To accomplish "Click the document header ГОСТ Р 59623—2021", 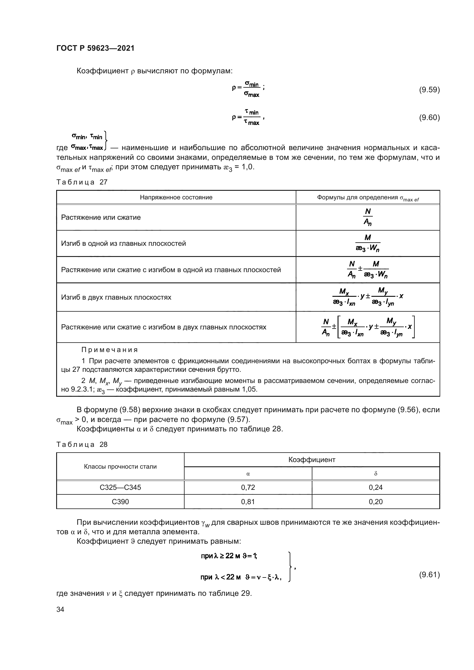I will tap(95, 48).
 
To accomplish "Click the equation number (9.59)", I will tap(429, 90).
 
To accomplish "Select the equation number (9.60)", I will tap(429, 118).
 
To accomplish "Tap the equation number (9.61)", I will tap(429, 575).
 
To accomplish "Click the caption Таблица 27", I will tap(82, 182).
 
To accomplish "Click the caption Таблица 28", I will tap(82, 445).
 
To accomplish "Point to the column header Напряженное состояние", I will tap(176, 197).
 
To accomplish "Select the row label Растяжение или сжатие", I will tap(101, 217).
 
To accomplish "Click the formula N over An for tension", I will tap(368, 217).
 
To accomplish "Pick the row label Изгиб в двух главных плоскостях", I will tap(116, 297).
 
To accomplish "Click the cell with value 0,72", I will tap(248, 487).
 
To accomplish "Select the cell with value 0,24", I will tap(375, 487).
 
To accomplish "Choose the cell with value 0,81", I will tap(248, 502).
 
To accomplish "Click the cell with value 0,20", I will tap(375, 502).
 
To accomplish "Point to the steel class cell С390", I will tap(120, 502).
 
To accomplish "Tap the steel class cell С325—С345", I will tap(120, 487).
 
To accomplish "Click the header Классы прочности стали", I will tap(120, 467).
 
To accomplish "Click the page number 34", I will tap(60, 609).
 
